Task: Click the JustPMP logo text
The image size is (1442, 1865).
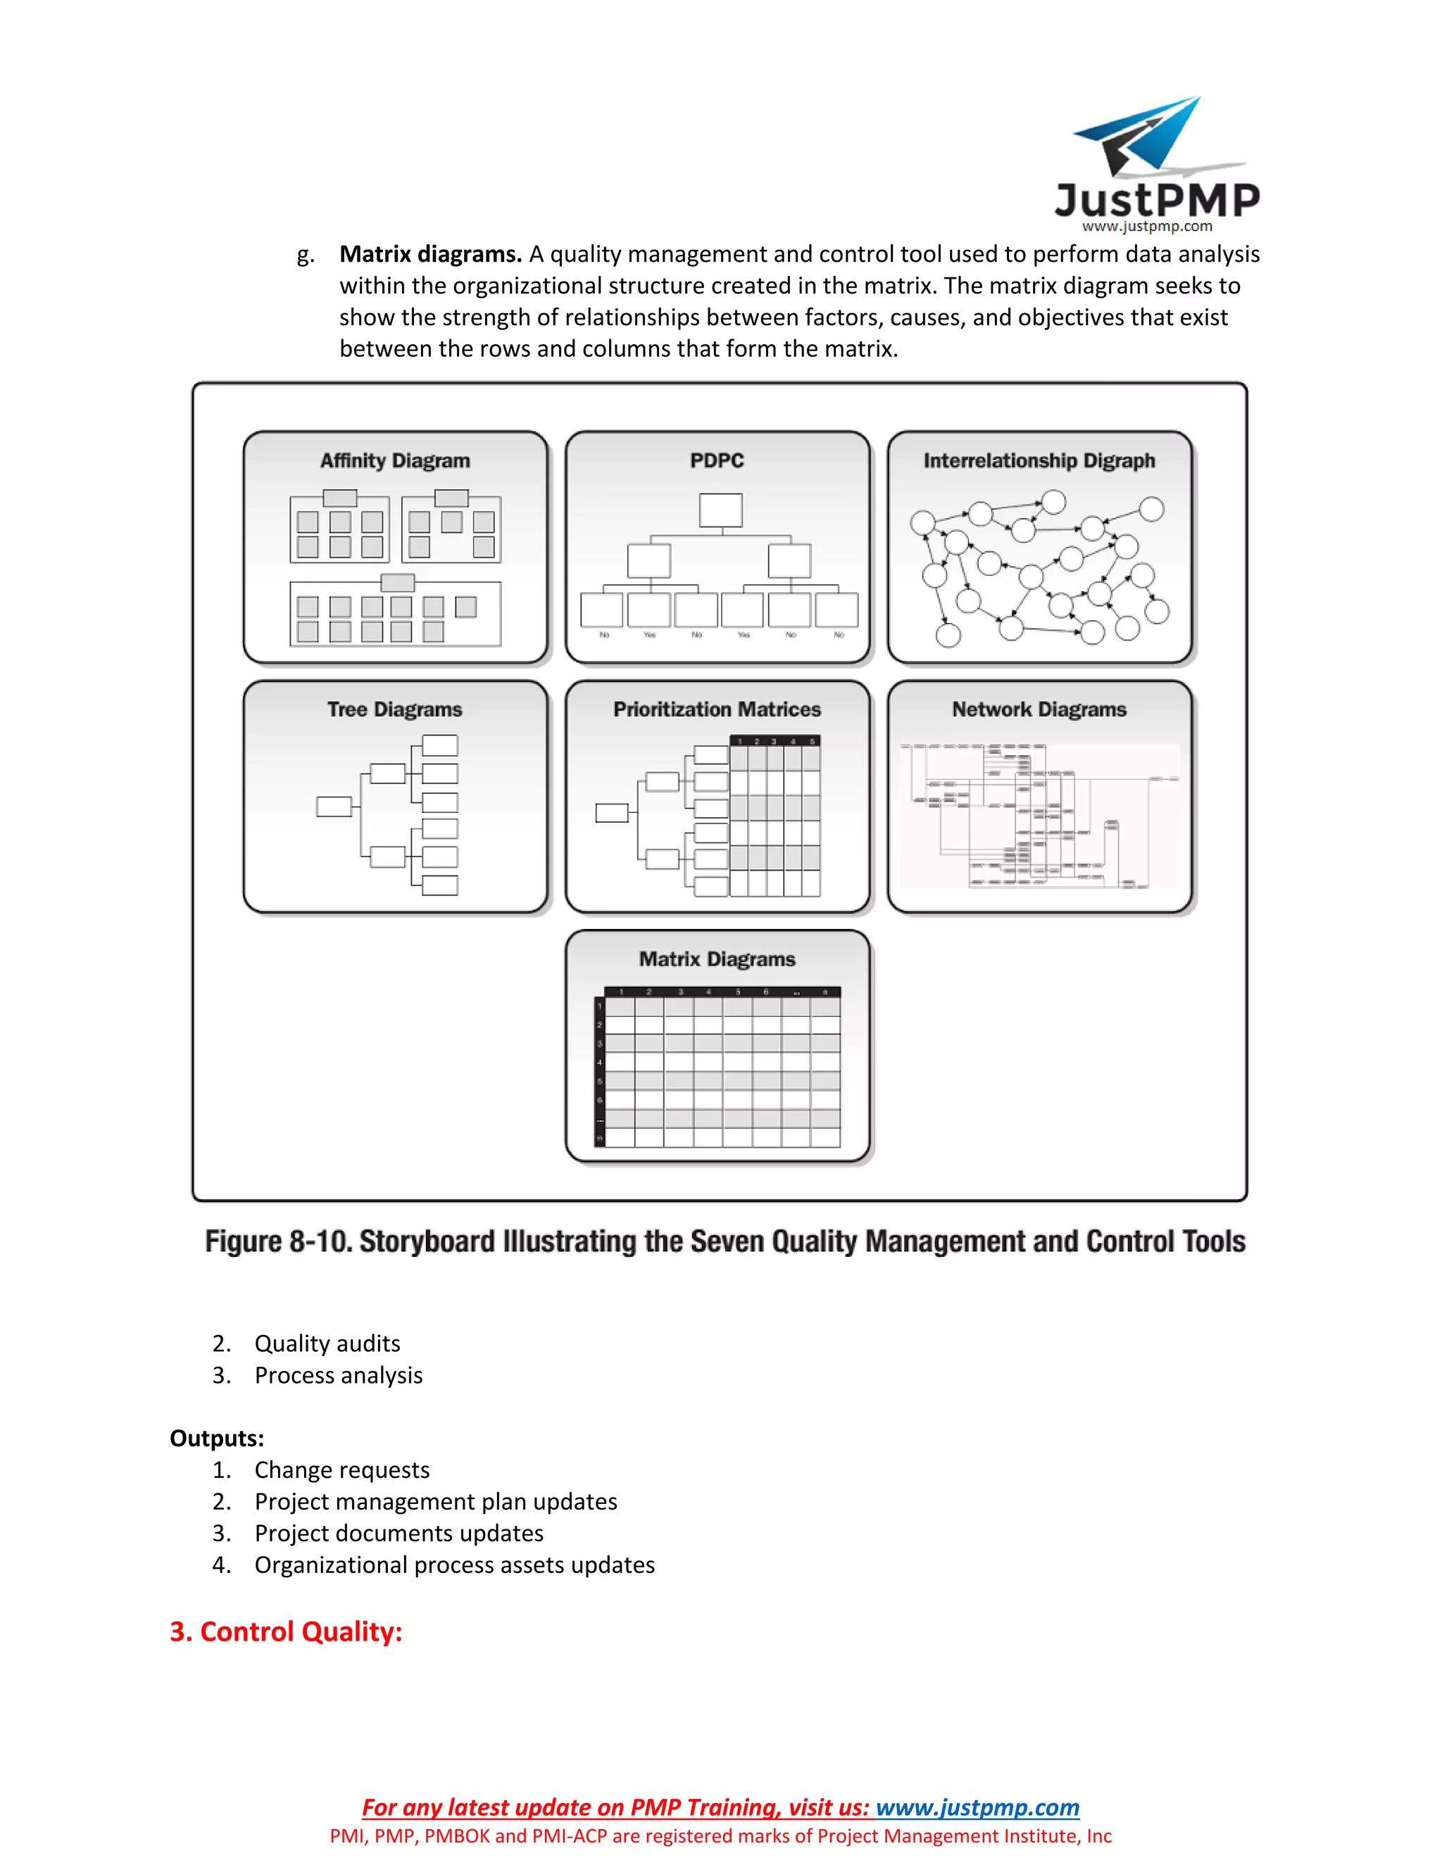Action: [x=1157, y=200]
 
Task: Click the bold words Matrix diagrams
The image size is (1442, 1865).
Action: [x=430, y=255]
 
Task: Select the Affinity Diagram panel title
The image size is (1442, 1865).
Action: [x=395, y=461]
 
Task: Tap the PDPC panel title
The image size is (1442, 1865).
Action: [x=717, y=461]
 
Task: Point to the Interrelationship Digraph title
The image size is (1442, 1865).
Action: [x=1039, y=461]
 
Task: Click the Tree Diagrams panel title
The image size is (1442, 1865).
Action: [x=395, y=709]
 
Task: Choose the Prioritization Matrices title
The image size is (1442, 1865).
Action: [x=717, y=709]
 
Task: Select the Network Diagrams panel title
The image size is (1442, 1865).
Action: [x=1039, y=709]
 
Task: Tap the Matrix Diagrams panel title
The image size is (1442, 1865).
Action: [x=717, y=959]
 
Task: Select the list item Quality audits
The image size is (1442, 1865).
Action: [x=327, y=1344]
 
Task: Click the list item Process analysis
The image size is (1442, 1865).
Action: [x=338, y=1375]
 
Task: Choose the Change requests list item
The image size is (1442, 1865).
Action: [x=341, y=1469]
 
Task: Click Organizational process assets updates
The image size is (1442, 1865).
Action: [x=454, y=1564]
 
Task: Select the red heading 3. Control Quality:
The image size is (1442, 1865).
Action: [x=285, y=1631]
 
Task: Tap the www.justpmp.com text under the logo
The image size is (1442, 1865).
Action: [x=1146, y=227]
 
